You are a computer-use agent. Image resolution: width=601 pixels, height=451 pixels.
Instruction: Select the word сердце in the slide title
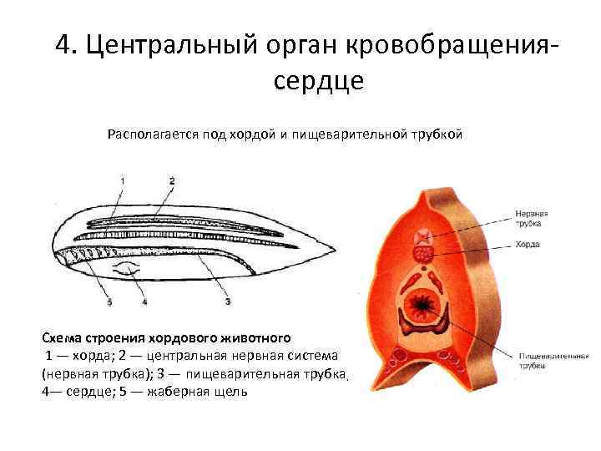pyautogui.click(x=318, y=81)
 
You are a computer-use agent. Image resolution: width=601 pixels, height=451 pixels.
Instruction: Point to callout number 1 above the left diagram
pyautogui.click(x=123, y=181)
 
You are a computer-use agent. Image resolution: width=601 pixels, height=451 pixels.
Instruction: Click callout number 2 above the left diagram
pyautogui.click(x=171, y=181)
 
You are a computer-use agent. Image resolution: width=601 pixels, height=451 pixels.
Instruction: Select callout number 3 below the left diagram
pyautogui.click(x=227, y=302)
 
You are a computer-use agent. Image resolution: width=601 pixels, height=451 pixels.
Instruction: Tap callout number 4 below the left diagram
pyautogui.click(x=144, y=302)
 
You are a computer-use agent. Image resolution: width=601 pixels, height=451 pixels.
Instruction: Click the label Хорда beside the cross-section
pyautogui.click(x=527, y=245)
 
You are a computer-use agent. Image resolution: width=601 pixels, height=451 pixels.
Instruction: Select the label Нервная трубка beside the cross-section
pyautogui.click(x=531, y=217)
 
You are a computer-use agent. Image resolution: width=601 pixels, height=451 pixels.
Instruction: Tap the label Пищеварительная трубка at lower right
pyautogui.click(x=549, y=359)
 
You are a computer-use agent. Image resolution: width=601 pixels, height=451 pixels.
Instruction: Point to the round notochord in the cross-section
pyautogui.click(x=422, y=249)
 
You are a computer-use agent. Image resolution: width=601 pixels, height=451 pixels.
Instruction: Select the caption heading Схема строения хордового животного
pyautogui.click(x=166, y=338)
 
